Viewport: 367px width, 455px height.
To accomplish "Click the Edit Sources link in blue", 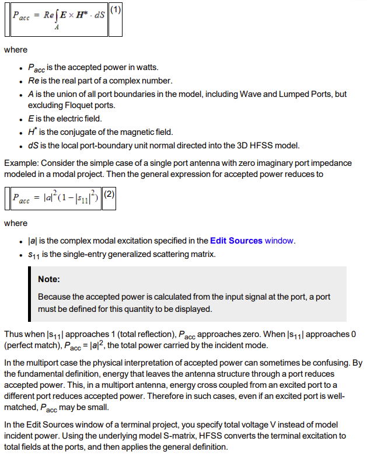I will coord(236,241).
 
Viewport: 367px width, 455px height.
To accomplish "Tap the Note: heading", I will coord(50,279).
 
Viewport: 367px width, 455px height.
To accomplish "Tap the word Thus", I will coord(13,335).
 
